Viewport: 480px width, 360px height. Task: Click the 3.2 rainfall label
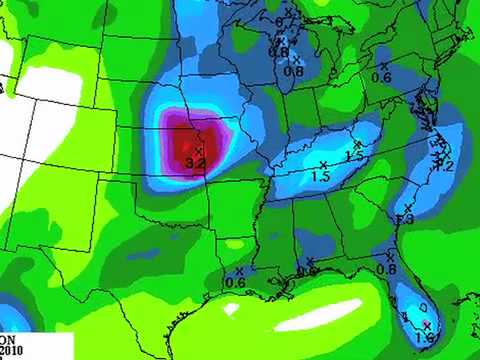coord(196,161)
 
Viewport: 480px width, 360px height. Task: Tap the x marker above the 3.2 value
coord(199,150)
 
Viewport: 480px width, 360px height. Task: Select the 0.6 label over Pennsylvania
coord(381,77)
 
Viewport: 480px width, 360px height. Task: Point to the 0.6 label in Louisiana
coord(236,282)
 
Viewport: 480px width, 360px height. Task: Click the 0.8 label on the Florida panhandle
coord(387,269)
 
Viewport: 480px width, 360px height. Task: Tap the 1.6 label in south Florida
coord(426,339)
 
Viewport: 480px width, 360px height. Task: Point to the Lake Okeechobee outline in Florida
coord(424,306)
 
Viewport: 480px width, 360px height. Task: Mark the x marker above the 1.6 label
coord(427,326)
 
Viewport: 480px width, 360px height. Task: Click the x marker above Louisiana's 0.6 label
coord(239,270)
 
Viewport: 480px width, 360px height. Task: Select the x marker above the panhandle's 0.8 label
coord(387,257)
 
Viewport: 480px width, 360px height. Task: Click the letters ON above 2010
coord(8,339)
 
